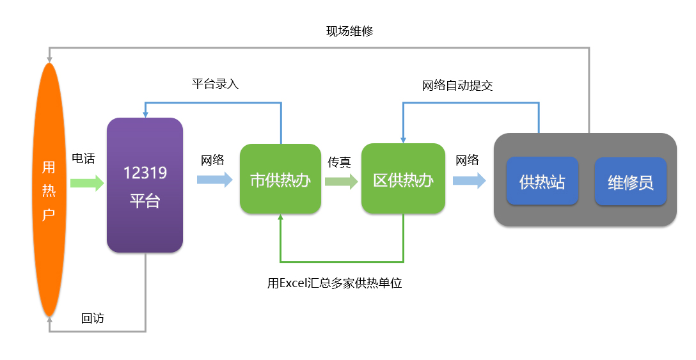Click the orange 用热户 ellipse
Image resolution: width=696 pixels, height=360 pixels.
pyautogui.click(x=49, y=190)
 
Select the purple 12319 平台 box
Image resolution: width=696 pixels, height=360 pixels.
pyautogui.click(x=145, y=185)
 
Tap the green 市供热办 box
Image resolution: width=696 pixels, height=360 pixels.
pyautogui.click(x=281, y=179)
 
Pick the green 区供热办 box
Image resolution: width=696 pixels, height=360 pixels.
pyautogui.click(x=403, y=179)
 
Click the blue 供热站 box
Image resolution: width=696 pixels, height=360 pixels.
pyautogui.click(x=542, y=181)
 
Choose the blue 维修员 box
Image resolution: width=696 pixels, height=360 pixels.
pyautogui.click(x=631, y=182)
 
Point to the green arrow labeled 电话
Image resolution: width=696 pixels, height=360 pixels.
pyautogui.click(x=87, y=183)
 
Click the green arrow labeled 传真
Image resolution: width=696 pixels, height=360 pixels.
pyautogui.click(x=342, y=181)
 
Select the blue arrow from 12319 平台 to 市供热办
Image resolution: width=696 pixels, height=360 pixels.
pyautogui.click(x=215, y=179)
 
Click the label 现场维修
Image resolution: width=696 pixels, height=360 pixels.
pyautogui.click(x=350, y=31)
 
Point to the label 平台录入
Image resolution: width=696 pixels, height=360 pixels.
pyautogui.click(x=216, y=84)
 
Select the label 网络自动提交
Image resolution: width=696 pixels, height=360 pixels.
pyautogui.click(x=457, y=86)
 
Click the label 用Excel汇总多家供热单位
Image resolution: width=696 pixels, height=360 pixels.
pyautogui.click(x=335, y=283)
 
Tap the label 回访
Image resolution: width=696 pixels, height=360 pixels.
pyautogui.click(x=93, y=318)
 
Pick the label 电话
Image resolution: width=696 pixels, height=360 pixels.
pyautogui.click(x=83, y=159)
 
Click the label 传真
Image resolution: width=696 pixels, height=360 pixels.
pyautogui.click(x=340, y=162)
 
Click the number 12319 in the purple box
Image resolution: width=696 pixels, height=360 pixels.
pyautogui.click(x=145, y=173)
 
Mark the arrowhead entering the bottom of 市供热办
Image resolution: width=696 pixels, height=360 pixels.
pyautogui.click(x=281, y=217)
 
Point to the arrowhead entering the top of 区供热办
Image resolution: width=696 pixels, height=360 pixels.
pyautogui.click(x=403, y=140)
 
